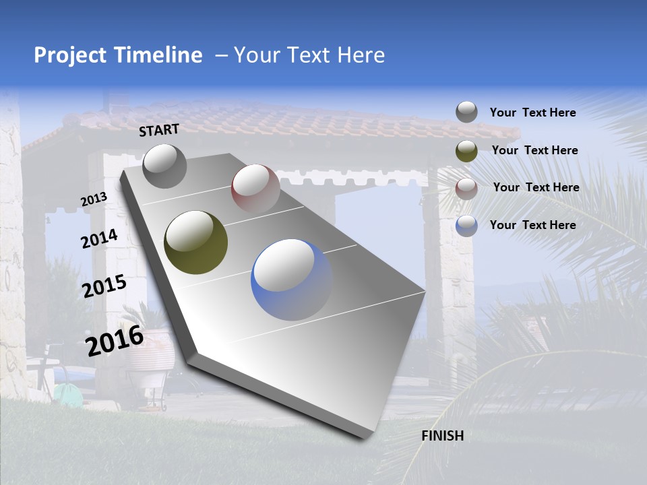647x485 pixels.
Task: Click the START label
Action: tap(159, 130)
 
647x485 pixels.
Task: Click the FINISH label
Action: tap(442, 436)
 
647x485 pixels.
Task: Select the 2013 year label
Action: tap(94, 199)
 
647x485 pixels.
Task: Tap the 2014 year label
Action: tap(100, 238)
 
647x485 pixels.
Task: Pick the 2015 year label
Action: tap(104, 286)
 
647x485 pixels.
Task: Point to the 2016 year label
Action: tap(115, 340)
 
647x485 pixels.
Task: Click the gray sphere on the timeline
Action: tap(164, 166)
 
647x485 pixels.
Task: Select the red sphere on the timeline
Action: tap(255, 188)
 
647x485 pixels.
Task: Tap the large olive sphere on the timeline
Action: tap(196, 243)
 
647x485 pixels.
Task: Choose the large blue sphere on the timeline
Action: tap(291, 280)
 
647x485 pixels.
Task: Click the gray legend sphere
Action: tap(466, 112)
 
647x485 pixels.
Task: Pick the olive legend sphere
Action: tap(466, 151)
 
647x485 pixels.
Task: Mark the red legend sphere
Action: tap(466, 188)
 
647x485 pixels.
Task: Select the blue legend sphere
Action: tap(466, 225)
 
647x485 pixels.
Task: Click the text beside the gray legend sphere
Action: tap(532, 112)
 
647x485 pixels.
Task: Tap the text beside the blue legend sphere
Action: tap(532, 225)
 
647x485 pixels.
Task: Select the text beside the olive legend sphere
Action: tap(534, 150)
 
